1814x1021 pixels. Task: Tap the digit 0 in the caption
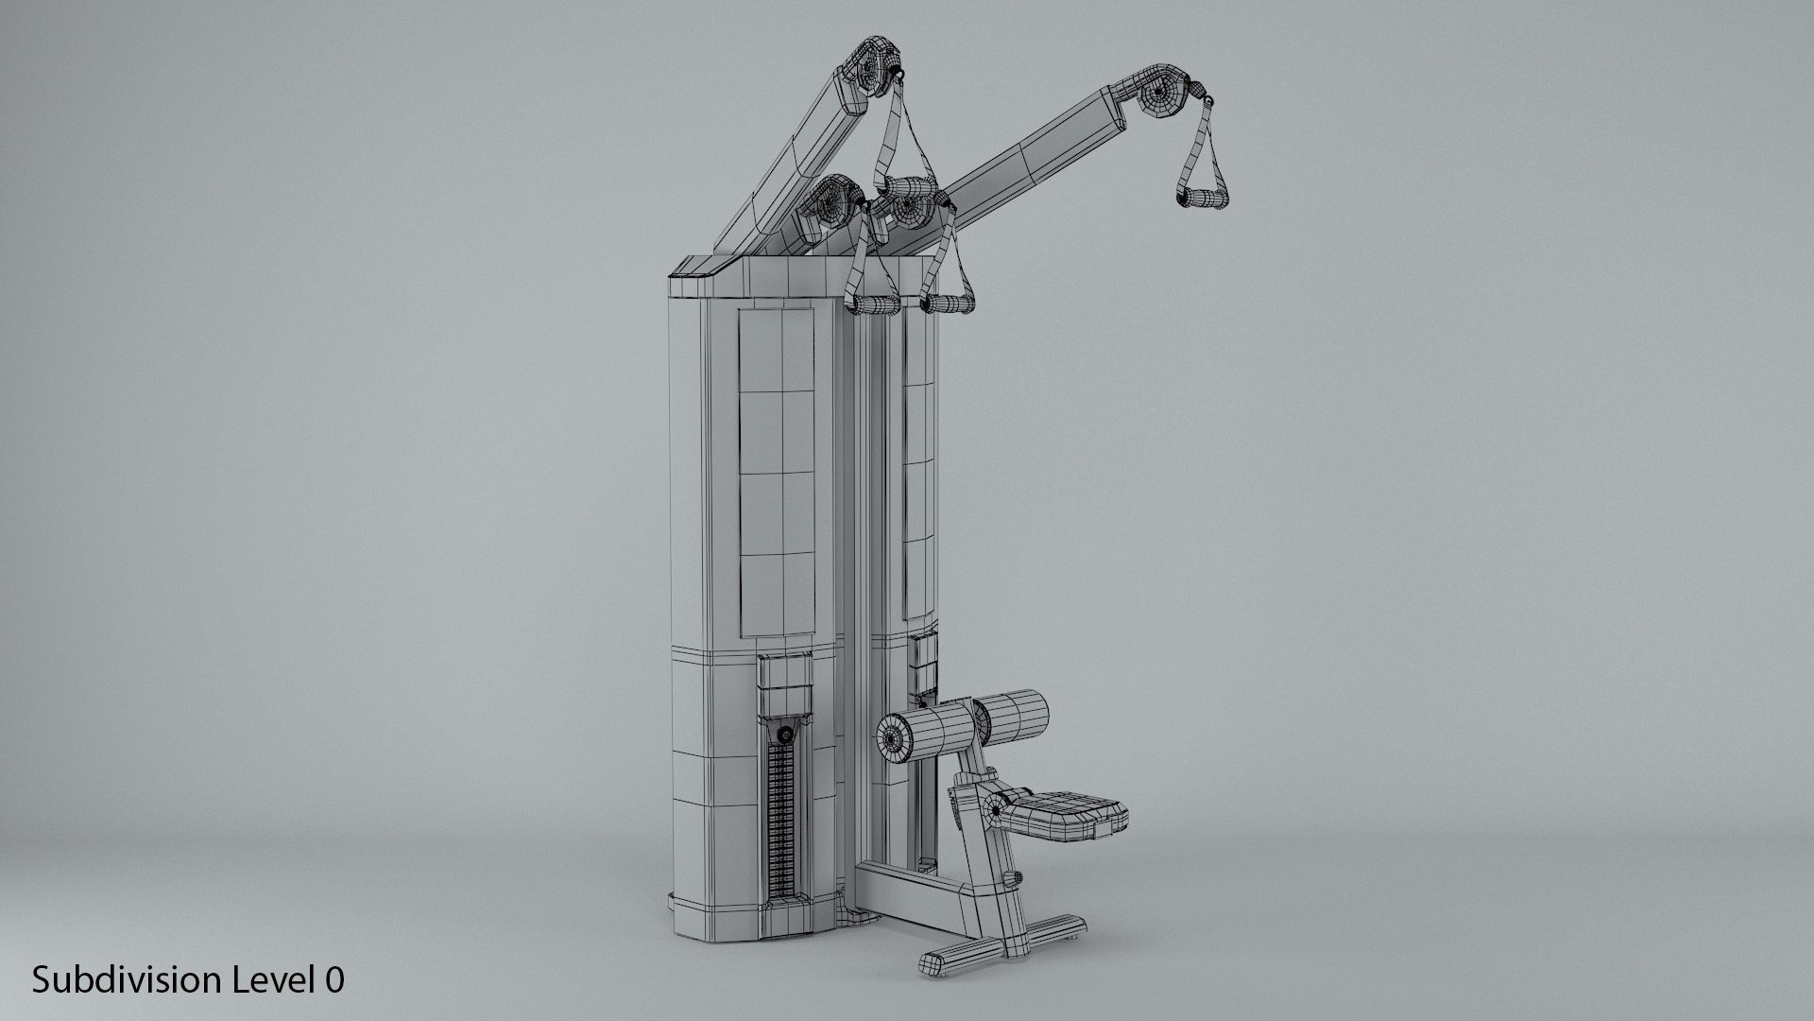point(334,980)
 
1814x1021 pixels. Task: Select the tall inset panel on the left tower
point(776,473)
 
